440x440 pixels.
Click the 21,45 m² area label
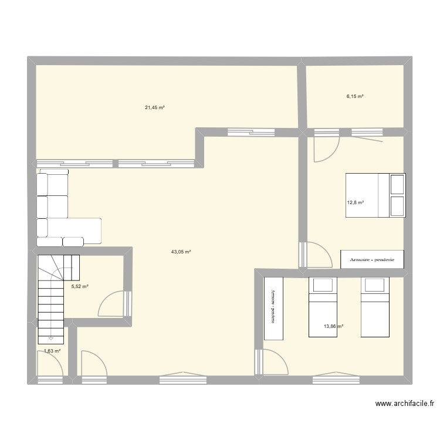coord(154,107)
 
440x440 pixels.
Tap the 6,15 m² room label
coord(355,96)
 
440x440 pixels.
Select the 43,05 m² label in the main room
coord(181,252)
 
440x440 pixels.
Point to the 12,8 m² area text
coord(355,203)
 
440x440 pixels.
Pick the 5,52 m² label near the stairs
coord(80,287)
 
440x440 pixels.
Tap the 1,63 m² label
coord(52,351)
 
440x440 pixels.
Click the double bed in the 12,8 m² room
coord(374,195)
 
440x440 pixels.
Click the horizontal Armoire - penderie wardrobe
coord(372,259)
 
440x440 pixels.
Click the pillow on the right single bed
coord(375,285)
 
